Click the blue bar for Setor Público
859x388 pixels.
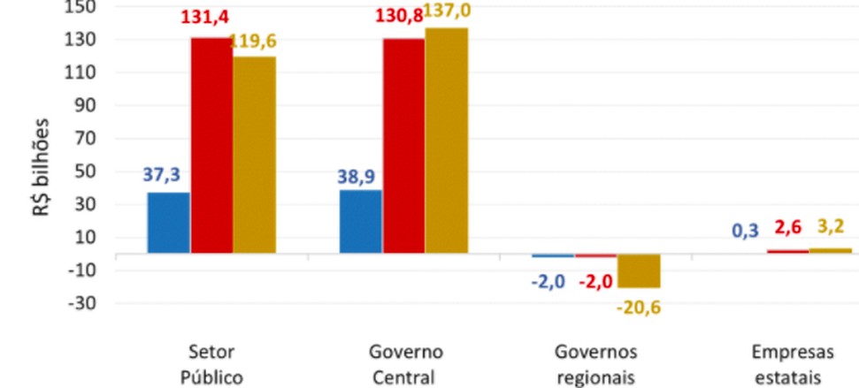[168, 223]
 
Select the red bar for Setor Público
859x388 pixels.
[211, 146]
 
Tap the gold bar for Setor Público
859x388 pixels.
[254, 156]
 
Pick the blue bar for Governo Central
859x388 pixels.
[361, 221]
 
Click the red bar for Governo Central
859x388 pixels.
[403, 146]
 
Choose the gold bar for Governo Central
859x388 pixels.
[447, 141]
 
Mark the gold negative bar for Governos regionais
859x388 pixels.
[639, 270]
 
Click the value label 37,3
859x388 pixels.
[167, 176]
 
